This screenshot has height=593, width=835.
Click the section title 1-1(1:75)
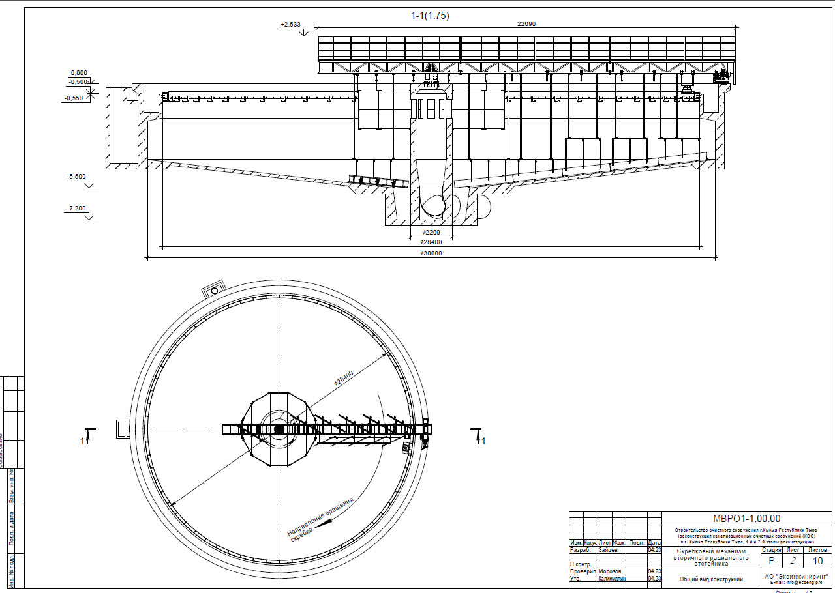click(430, 15)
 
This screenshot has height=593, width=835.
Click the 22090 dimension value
click(526, 23)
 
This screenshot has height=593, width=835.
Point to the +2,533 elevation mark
click(290, 25)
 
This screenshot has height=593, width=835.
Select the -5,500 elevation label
click(76, 177)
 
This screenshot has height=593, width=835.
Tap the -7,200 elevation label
click(76, 209)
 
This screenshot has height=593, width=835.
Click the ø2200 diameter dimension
click(431, 233)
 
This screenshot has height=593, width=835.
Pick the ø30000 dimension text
click(431, 253)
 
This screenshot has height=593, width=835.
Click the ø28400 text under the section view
click(431, 242)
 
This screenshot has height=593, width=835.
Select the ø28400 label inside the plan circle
click(344, 379)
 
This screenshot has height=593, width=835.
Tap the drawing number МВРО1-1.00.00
click(746, 519)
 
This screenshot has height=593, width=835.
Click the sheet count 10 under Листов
click(817, 561)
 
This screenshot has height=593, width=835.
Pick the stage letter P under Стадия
click(772, 561)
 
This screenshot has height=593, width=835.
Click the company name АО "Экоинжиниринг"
click(795, 576)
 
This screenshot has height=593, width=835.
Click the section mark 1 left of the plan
click(82, 441)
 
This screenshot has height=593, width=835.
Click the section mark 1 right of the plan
click(483, 441)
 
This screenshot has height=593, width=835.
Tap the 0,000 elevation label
click(79, 73)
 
